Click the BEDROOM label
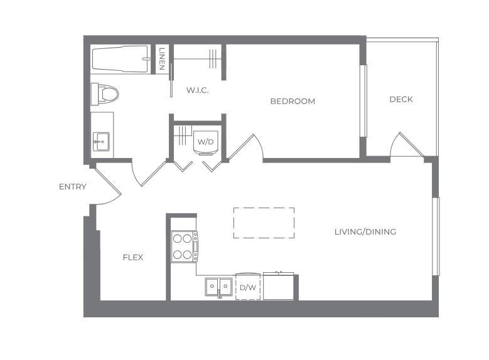pos(293,101)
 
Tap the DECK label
pos(401,99)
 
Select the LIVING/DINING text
pos(365,231)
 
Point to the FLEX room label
pos(132,257)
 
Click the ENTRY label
pos(73,187)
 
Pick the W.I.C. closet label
pos(197,90)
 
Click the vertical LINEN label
pos(162,59)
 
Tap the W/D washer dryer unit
pos(206,142)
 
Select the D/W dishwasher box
pos(248,287)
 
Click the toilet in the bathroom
pos(105,95)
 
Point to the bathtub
pos(121,59)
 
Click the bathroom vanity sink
pos(101,141)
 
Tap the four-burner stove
pos(184,246)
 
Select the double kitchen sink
pos(218,287)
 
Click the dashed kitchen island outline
pos(264,223)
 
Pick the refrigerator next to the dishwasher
pos(278,286)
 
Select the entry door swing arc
pos(108,188)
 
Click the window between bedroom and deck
pos(362,100)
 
